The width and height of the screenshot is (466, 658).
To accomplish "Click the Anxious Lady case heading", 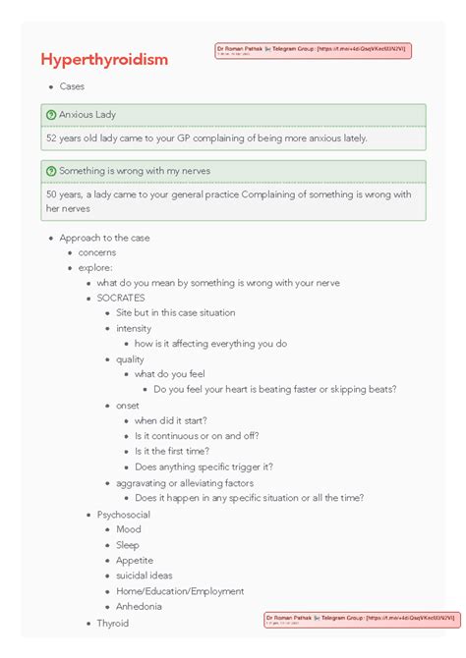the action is [x=87, y=115].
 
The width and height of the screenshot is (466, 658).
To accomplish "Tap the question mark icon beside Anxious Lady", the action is [x=51, y=115].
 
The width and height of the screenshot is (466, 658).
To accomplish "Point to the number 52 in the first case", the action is [x=52, y=138].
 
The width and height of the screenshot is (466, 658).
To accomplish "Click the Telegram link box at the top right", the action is [x=313, y=50].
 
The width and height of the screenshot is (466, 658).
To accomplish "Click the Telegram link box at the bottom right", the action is [x=361, y=620].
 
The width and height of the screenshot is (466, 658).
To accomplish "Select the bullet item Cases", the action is [x=72, y=86].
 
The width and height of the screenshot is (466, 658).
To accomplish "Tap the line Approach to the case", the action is [x=104, y=238].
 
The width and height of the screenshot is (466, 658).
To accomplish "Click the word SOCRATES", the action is [x=120, y=298].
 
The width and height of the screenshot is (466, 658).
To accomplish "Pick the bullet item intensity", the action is [x=134, y=328].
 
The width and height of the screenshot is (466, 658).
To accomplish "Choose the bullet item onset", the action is [x=128, y=405].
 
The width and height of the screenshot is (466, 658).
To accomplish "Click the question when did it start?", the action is [x=170, y=420].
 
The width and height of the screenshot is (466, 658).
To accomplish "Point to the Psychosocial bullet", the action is [x=123, y=514].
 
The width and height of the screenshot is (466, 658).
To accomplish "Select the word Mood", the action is [x=128, y=529].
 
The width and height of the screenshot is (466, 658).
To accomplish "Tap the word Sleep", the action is [x=128, y=545].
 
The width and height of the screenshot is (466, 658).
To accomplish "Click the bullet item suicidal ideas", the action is [x=144, y=576].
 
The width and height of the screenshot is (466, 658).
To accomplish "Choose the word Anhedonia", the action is [x=138, y=607].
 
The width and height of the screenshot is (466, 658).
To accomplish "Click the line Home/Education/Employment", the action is [x=180, y=591].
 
